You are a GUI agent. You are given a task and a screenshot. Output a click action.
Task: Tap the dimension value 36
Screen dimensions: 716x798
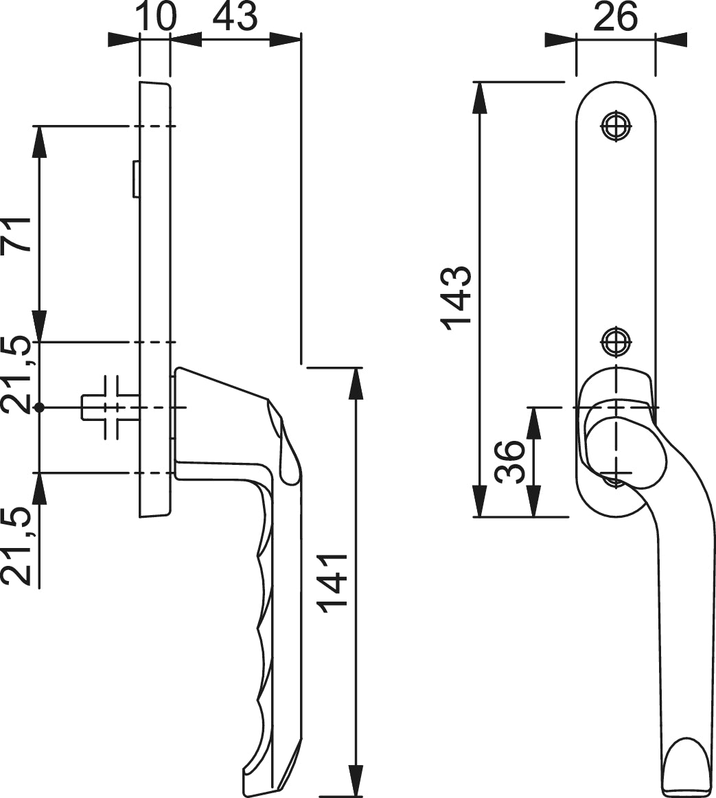pyautogui.click(x=509, y=463)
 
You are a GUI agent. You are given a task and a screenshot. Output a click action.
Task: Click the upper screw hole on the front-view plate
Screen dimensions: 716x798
pyautogui.click(x=616, y=125)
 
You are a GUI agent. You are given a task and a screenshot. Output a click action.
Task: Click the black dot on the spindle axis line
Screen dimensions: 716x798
pyautogui.click(x=40, y=408)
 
